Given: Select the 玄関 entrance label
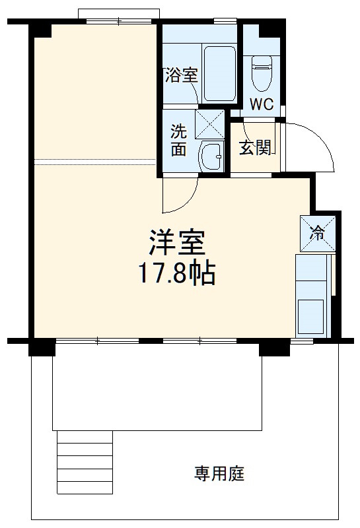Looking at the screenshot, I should [254, 147].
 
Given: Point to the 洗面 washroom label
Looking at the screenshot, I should [178, 139].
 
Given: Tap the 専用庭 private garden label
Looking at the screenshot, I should [219, 473].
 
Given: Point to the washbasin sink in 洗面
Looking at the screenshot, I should [212, 156].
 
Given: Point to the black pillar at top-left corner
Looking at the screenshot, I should [42, 28].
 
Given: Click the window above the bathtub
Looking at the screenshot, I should [225, 22].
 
